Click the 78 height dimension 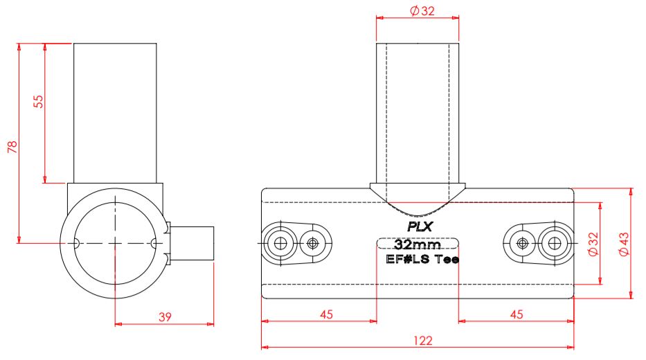[x=12, y=146]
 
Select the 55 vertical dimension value [x=39, y=101]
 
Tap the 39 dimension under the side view [x=165, y=316]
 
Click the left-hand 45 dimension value [x=326, y=314]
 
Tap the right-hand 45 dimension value [x=516, y=314]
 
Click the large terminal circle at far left [x=280, y=243]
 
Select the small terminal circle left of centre [x=314, y=243]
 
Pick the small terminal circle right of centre [x=521, y=243]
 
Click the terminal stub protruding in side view [x=192, y=244]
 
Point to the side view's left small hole [x=75, y=243]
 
